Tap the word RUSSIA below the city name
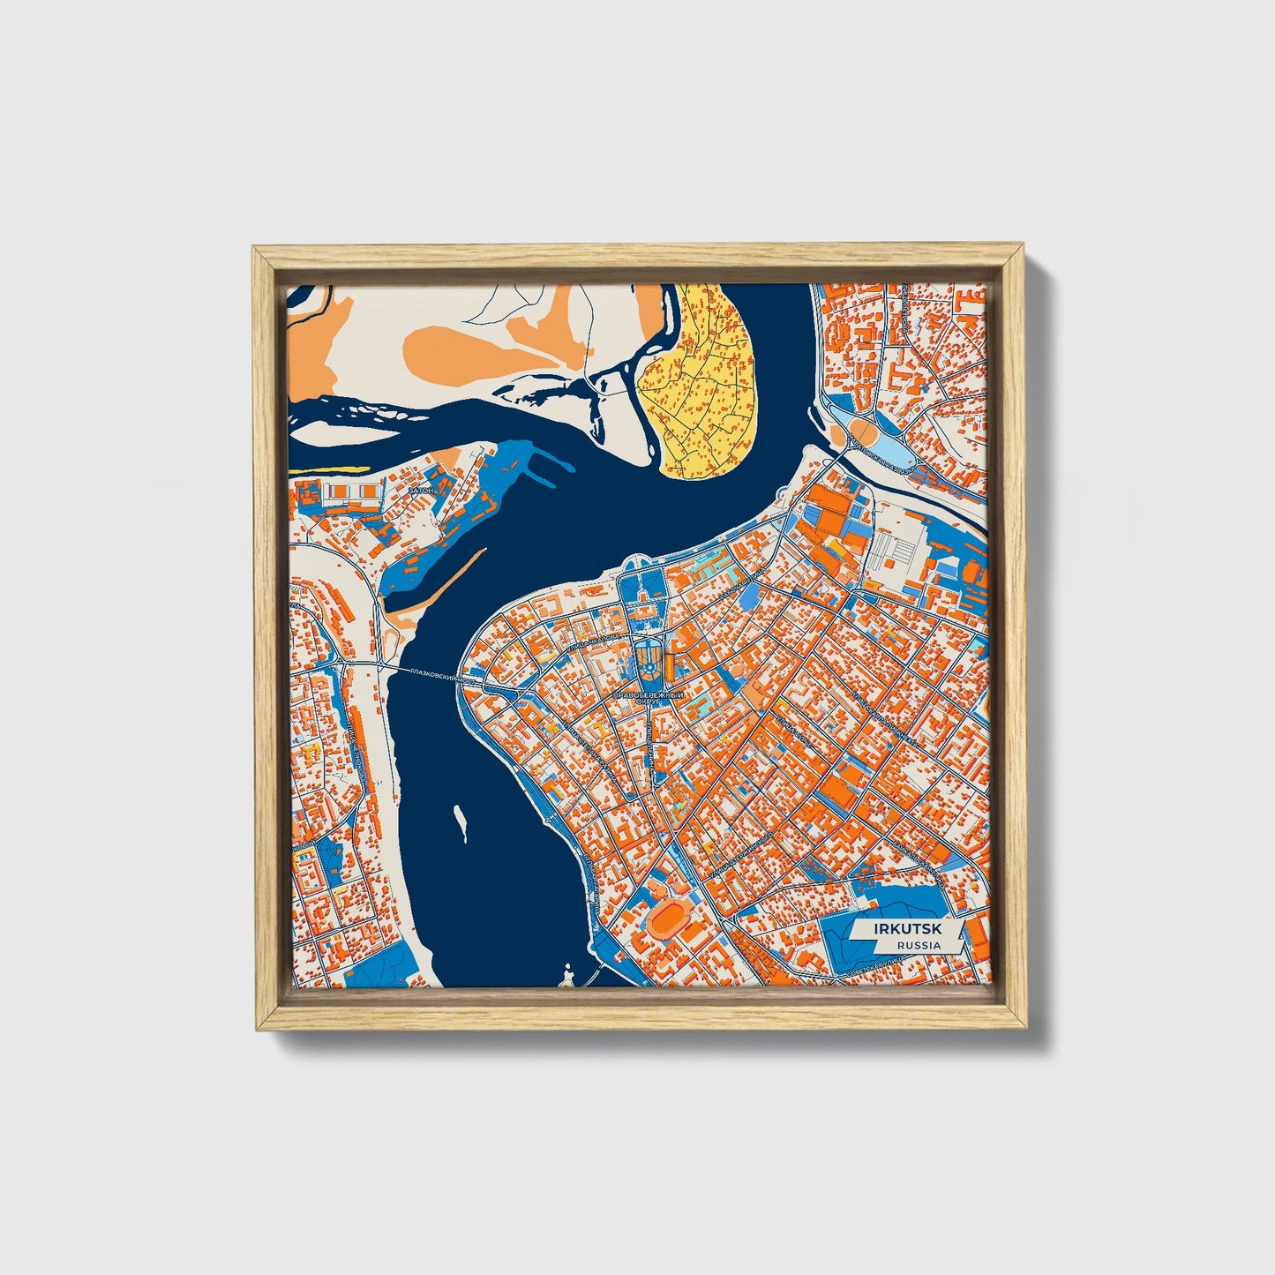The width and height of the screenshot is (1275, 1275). tap(918, 945)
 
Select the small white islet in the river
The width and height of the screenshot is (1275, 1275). tap(460, 821)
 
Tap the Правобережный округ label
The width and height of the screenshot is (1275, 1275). tap(649, 701)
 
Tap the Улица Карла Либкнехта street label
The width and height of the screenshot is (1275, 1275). tap(874, 710)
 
